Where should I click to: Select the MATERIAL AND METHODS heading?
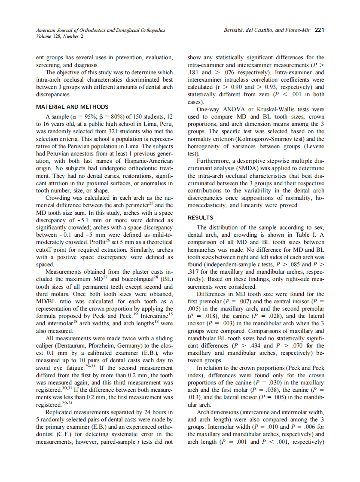[x=72, y=107]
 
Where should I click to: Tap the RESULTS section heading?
[x=200, y=218]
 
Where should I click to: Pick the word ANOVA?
[x=232, y=110]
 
